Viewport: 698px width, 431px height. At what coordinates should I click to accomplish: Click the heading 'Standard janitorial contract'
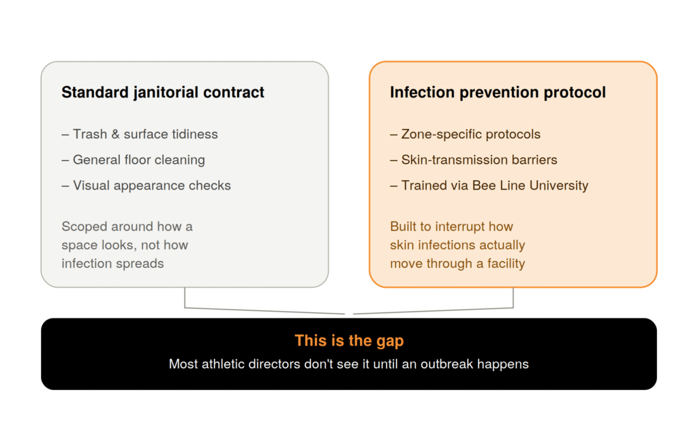[x=163, y=93]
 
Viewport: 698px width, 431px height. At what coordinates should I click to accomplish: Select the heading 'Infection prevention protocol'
[x=498, y=93]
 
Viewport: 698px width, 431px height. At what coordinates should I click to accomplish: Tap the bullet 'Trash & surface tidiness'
[x=140, y=134]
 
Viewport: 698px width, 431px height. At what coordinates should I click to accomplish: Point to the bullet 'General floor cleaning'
[x=133, y=160]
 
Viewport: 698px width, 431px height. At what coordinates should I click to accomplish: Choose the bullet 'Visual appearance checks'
[x=146, y=185]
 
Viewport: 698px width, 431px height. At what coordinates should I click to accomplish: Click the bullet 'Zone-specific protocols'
[x=465, y=134]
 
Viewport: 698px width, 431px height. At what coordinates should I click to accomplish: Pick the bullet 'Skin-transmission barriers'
[x=474, y=160]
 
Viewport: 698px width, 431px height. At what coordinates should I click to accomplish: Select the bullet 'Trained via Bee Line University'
[x=489, y=185]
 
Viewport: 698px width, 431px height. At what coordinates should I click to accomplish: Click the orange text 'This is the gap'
[x=349, y=340]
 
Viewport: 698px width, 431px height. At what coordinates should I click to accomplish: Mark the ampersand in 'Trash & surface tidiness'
[x=115, y=134]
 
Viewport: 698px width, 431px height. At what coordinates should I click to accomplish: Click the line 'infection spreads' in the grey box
[x=112, y=264]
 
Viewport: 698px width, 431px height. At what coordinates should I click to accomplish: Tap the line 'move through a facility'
[x=457, y=264]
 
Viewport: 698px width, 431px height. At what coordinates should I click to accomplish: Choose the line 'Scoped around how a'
[x=127, y=226]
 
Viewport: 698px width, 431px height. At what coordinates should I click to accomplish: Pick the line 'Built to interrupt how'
[x=451, y=226]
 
